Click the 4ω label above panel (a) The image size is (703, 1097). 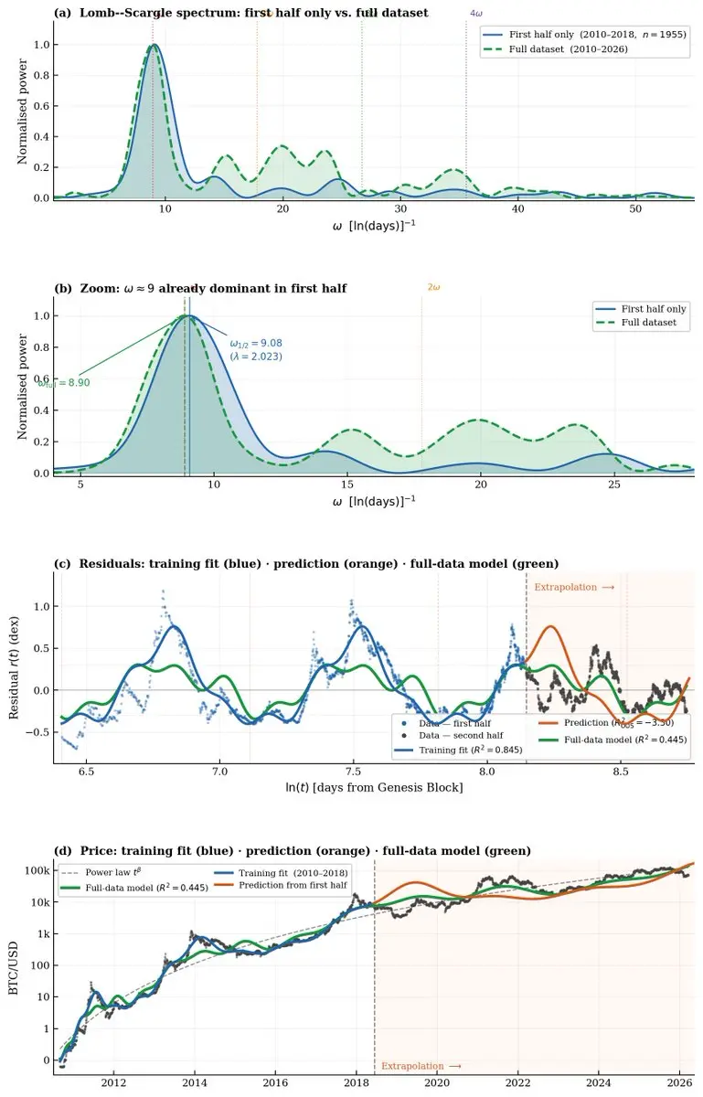tap(475, 14)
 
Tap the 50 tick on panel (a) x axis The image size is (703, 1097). tap(635, 210)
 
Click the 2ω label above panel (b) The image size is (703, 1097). tap(433, 287)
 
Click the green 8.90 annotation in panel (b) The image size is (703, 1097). tap(64, 383)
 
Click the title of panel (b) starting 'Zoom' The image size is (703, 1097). tap(200, 288)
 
